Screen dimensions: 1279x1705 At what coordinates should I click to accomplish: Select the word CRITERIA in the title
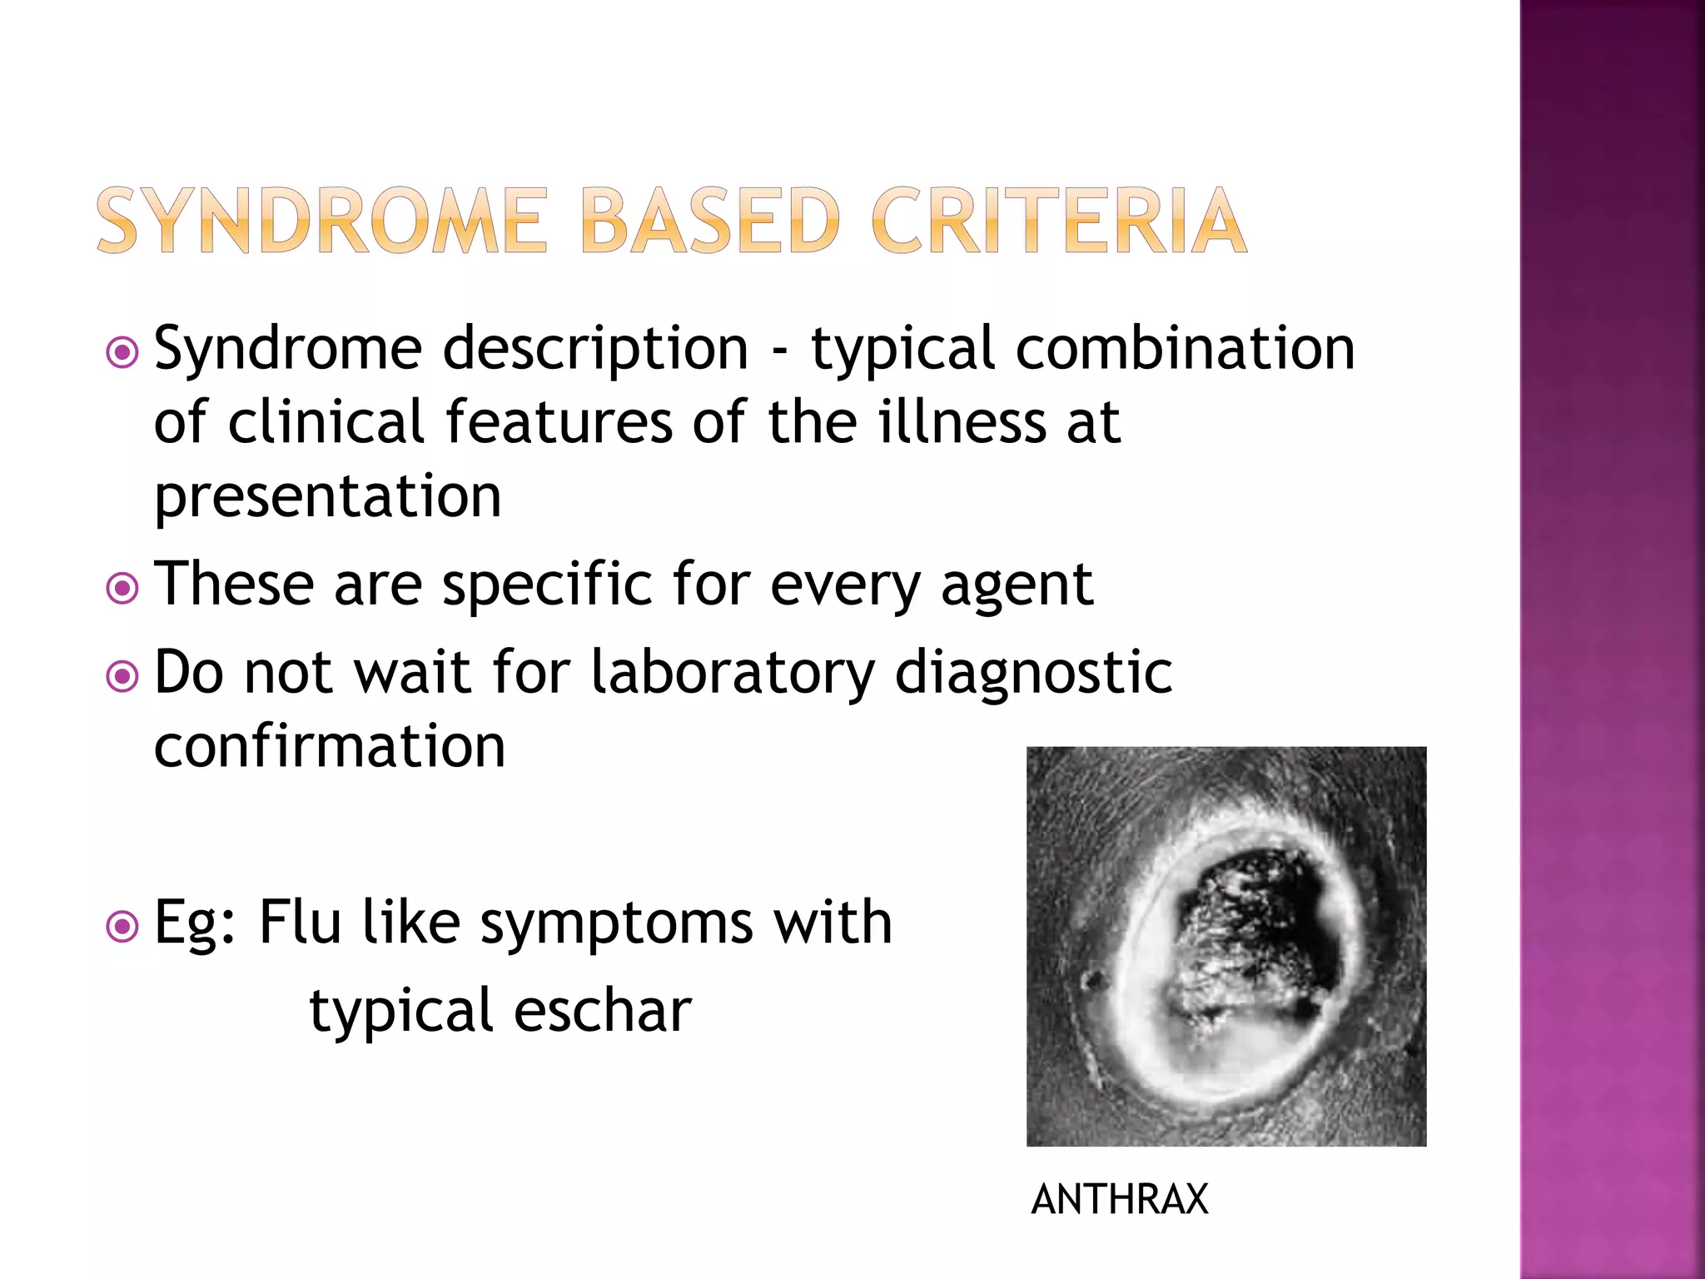tap(1059, 221)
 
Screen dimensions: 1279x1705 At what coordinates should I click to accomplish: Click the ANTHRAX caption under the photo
tap(1120, 1200)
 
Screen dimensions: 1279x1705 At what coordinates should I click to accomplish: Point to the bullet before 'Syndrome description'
tap(122, 352)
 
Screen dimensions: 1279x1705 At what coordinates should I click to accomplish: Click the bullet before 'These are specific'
tap(122, 590)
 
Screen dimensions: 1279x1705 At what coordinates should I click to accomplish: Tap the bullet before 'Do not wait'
tap(122, 676)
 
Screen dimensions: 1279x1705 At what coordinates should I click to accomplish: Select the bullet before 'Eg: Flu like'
tap(122, 926)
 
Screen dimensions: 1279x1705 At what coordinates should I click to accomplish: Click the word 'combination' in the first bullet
tap(1185, 348)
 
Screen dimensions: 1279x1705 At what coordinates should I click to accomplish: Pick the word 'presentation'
tap(328, 497)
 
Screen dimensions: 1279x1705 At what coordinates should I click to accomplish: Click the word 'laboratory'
tap(733, 672)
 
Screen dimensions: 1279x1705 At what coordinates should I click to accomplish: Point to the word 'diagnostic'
tap(1033, 672)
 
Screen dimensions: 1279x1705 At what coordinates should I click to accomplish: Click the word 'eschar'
tap(603, 1011)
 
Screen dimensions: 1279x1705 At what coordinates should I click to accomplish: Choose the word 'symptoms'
tap(616, 924)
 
